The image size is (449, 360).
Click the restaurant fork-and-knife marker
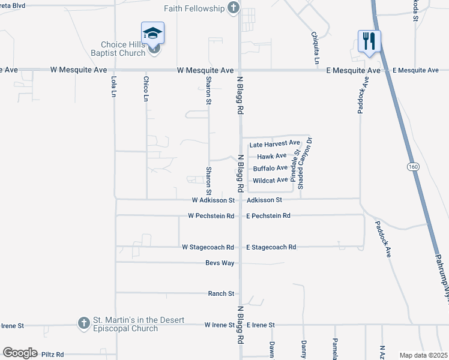coord(369,41)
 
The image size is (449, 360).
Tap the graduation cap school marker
coord(152,34)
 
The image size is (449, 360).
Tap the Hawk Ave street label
coord(272,156)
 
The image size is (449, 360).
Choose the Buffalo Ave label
coord(270,168)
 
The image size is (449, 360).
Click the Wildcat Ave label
coord(270,180)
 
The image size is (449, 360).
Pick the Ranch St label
coord(221,293)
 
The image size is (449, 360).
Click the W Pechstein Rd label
coord(211,215)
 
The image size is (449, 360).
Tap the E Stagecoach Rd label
coord(271,247)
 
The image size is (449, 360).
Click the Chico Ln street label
coord(145,88)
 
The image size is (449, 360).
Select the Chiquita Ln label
coord(316,48)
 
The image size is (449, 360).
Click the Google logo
coord(20,353)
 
